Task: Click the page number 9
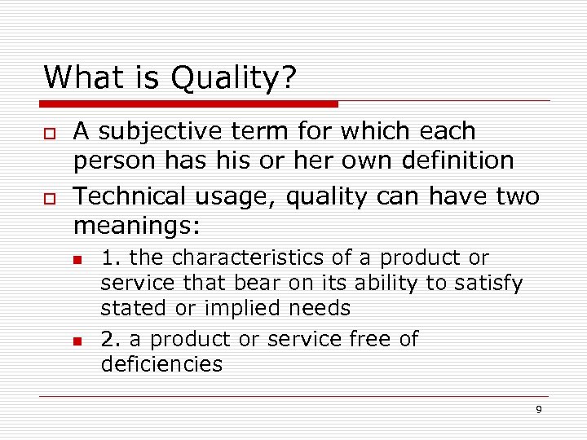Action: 538,409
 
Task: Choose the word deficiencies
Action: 161,364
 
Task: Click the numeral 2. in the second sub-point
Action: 110,339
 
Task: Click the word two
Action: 518,196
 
